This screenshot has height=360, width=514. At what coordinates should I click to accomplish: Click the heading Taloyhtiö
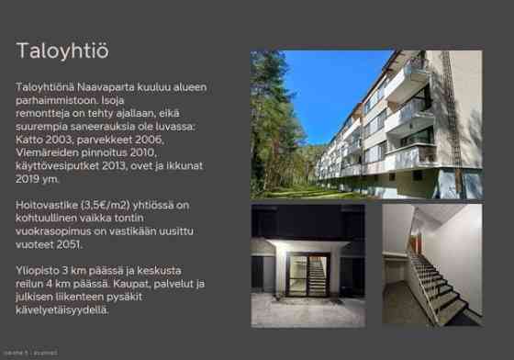62,51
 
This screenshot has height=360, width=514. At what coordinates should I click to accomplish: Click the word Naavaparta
102,87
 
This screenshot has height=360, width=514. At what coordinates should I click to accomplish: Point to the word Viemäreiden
50,152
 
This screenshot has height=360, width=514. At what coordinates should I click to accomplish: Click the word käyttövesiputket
61,166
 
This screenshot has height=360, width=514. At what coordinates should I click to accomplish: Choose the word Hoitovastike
48,206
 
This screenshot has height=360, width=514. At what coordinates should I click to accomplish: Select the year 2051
70,246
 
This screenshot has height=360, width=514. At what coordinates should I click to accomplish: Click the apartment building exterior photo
366,124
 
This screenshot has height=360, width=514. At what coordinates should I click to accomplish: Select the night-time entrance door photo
307,266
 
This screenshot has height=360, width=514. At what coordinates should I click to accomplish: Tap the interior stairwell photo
431,266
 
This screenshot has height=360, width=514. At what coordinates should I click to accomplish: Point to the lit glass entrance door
307,276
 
